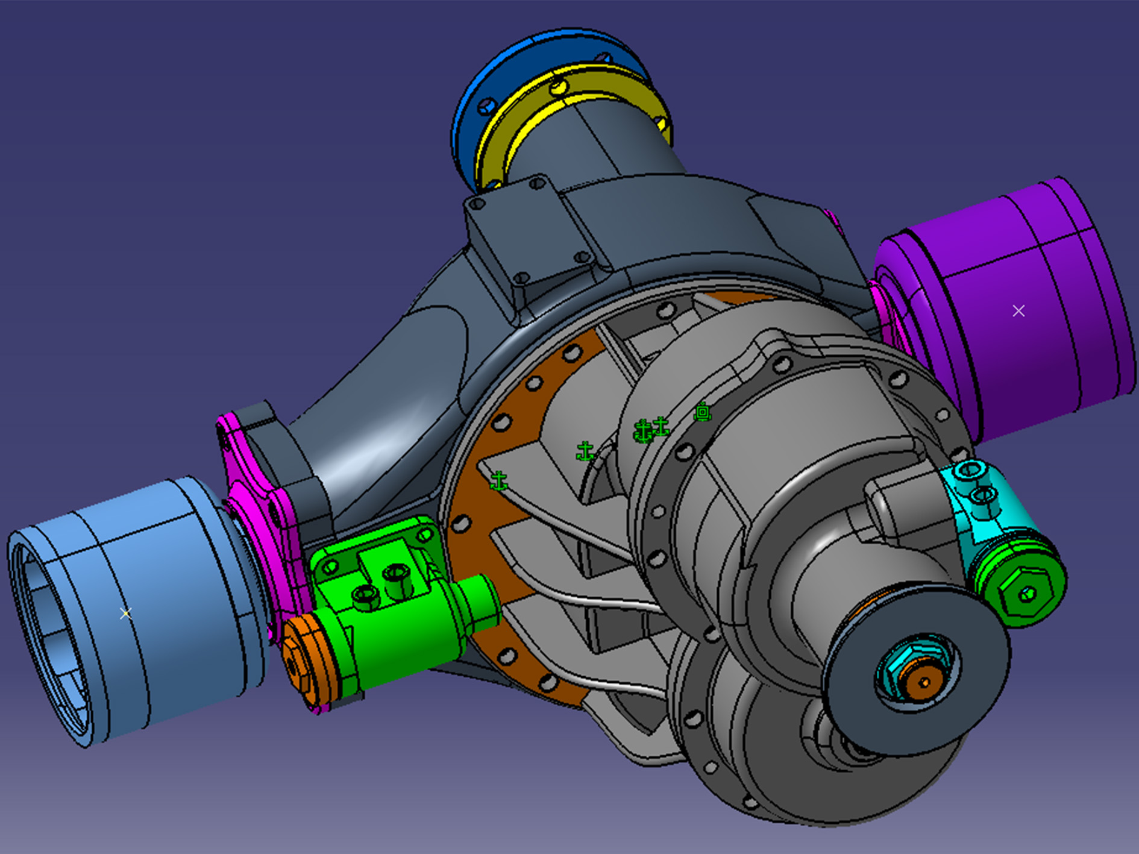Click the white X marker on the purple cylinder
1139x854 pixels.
(1018, 311)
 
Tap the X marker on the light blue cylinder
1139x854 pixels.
(125, 614)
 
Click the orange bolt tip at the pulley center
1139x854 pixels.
(924, 681)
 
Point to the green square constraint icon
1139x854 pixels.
(703, 412)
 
